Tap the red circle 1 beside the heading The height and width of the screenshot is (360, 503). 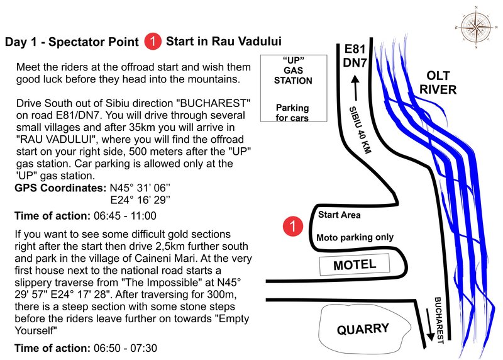(152, 42)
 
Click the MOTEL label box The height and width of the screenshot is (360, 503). (355, 265)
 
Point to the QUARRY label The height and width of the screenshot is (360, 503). (363, 328)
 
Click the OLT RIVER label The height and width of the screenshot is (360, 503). (438, 83)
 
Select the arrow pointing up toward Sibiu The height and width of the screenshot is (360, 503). (355, 86)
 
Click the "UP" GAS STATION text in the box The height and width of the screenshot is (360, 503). (293, 72)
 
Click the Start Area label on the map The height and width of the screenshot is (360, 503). (340, 215)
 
